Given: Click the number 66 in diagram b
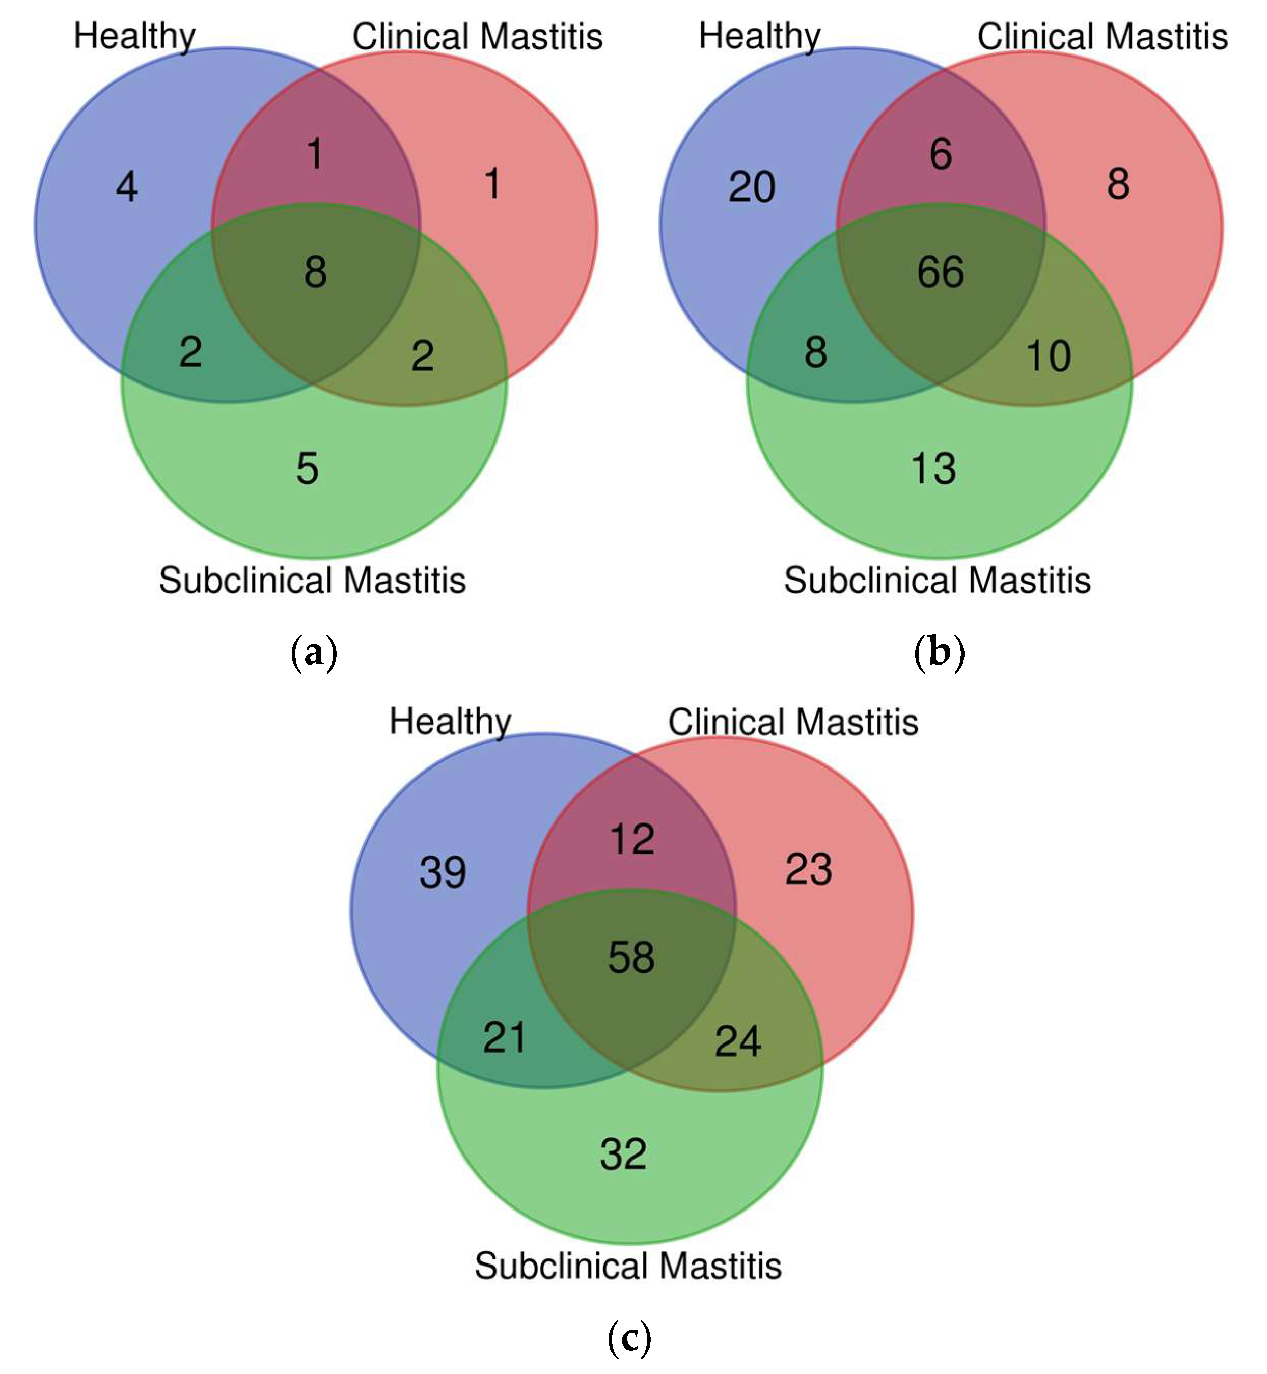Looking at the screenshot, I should point(941,271).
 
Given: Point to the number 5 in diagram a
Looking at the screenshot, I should point(307,469).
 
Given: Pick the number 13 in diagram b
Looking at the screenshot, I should point(933,469).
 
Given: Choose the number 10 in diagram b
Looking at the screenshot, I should point(1049,356).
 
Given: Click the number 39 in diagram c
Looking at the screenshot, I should point(443,872).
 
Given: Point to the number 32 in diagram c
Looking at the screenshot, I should point(623,1154).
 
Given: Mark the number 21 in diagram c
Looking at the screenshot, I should point(505,1037).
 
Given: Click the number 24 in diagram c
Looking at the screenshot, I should point(738,1041).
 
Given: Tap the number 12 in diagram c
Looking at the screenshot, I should point(632,839).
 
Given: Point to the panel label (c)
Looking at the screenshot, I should point(629,1338).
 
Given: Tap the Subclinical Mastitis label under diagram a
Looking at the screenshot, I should point(313,580).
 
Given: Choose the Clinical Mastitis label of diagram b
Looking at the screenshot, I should point(1103,36).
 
